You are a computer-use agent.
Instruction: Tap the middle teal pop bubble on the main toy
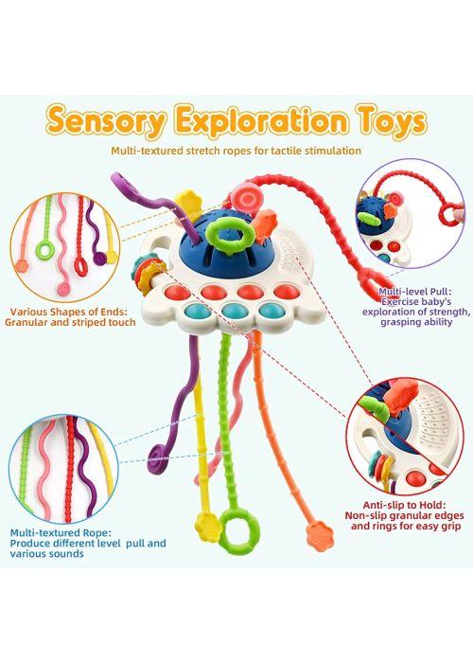(x=235, y=311)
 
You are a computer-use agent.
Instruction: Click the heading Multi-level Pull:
(x=414, y=292)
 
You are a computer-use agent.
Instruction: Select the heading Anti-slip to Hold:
(x=404, y=505)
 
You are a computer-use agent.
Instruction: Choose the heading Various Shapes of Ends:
(x=68, y=312)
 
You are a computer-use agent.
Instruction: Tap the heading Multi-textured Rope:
(x=61, y=532)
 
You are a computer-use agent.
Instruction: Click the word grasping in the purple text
(x=399, y=322)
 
